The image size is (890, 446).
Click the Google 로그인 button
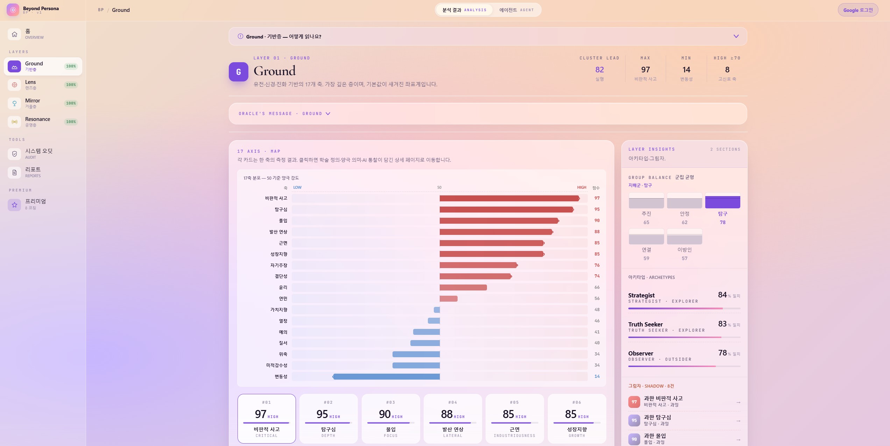(x=858, y=10)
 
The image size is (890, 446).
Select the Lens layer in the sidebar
(x=43, y=85)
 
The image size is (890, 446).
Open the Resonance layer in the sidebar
(x=43, y=122)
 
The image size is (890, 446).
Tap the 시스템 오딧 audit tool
(x=43, y=154)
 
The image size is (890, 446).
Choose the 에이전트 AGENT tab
(x=516, y=10)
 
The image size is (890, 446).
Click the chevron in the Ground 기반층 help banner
(x=736, y=36)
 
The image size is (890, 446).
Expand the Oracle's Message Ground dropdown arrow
(x=328, y=114)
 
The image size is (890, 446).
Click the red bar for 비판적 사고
(x=509, y=199)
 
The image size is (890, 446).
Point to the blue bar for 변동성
(x=386, y=376)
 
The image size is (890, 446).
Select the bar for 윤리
(x=463, y=287)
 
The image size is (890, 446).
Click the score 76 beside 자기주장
(x=597, y=265)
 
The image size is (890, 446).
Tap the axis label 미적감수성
(x=276, y=365)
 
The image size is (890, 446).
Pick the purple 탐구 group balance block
(x=722, y=201)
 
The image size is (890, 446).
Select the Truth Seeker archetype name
(x=645, y=324)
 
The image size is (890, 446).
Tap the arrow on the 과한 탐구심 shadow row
(x=738, y=421)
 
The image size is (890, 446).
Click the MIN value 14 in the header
(x=686, y=70)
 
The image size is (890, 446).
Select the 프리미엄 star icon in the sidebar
(x=14, y=205)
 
